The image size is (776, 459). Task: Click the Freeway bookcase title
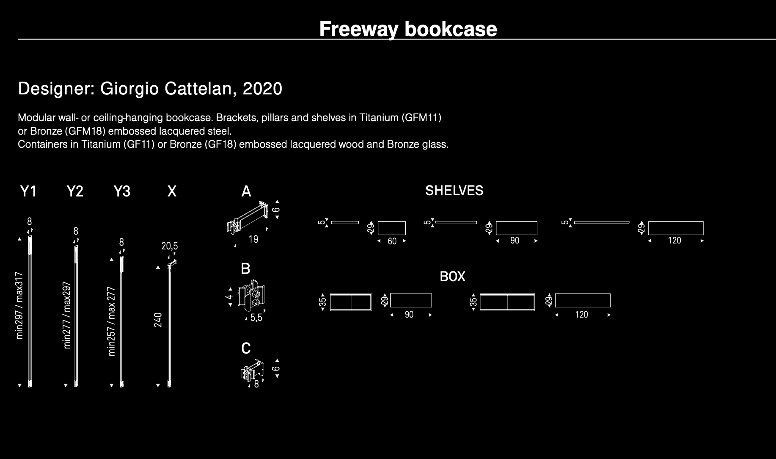pos(408,29)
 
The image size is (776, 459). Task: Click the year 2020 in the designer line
pos(262,89)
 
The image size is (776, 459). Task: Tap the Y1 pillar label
pos(28,191)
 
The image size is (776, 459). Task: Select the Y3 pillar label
pos(122,191)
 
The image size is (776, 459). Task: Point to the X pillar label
pos(172,191)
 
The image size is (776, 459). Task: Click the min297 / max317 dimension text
pos(19,305)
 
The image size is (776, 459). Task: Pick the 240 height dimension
pos(158,320)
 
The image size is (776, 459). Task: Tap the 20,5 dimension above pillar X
pos(170,246)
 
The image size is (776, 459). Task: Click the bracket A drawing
pos(248,218)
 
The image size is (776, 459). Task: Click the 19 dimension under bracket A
pos(253,240)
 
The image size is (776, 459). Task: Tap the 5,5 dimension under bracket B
pos(256,318)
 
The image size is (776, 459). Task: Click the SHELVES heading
pos(454,191)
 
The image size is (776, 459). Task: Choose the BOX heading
pos(452,277)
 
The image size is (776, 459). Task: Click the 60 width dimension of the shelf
pos(392,241)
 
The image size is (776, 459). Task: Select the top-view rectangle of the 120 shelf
pos(676,228)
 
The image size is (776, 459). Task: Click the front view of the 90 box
pos(351,302)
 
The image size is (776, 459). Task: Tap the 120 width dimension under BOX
pos(581,315)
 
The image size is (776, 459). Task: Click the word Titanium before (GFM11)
pos(379,118)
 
